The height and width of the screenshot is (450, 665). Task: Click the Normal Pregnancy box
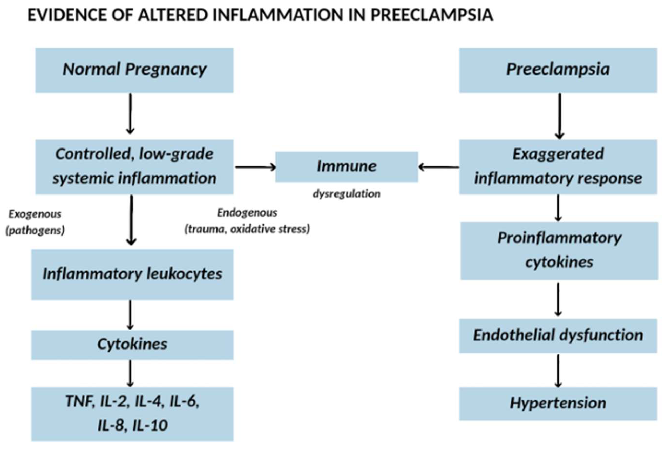pyautogui.click(x=134, y=70)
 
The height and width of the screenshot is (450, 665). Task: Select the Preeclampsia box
pyautogui.click(x=558, y=70)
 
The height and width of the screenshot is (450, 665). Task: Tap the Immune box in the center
pyautogui.click(x=346, y=167)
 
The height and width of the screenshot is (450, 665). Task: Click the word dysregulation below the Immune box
pyautogui.click(x=346, y=194)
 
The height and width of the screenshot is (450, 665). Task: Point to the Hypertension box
pyautogui.click(x=558, y=403)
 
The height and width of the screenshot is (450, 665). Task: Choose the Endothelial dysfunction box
pyautogui.click(x=558, y=335)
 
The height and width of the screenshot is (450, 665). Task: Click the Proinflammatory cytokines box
pyautogui.click(x=559, y=251)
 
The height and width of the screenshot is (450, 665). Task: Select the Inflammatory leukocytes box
pyautogui.click(x=132, y=274)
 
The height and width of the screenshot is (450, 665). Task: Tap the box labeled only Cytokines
pyautogui.click(x=132, y=344)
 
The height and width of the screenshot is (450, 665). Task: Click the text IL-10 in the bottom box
pyautogui.click(x=150, y=425)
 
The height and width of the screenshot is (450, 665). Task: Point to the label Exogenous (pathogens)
pyautogui.click(x=35, y=222)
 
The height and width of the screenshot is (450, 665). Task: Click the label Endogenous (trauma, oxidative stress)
pyautogui.click(x=247, y=221)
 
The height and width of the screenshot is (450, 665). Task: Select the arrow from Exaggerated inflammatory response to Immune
pyautogui.click(x=438, y=167)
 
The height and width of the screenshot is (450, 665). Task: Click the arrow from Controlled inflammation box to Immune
pyautogui.click(x=255, y=167)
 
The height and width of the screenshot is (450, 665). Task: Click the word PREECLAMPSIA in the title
pyautogui.click(x=432, y=15)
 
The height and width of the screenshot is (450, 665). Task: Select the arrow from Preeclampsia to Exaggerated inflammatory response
pyautogui.click(x=559, y=116)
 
